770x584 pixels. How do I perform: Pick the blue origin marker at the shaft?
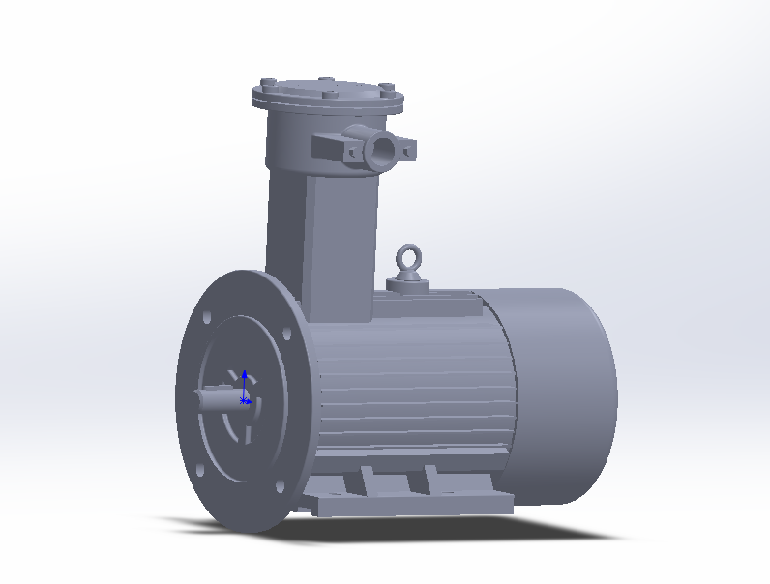tap(245, 399)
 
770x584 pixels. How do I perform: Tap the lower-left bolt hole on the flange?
tap(198, 471)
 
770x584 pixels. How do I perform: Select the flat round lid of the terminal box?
tap(324, 94)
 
